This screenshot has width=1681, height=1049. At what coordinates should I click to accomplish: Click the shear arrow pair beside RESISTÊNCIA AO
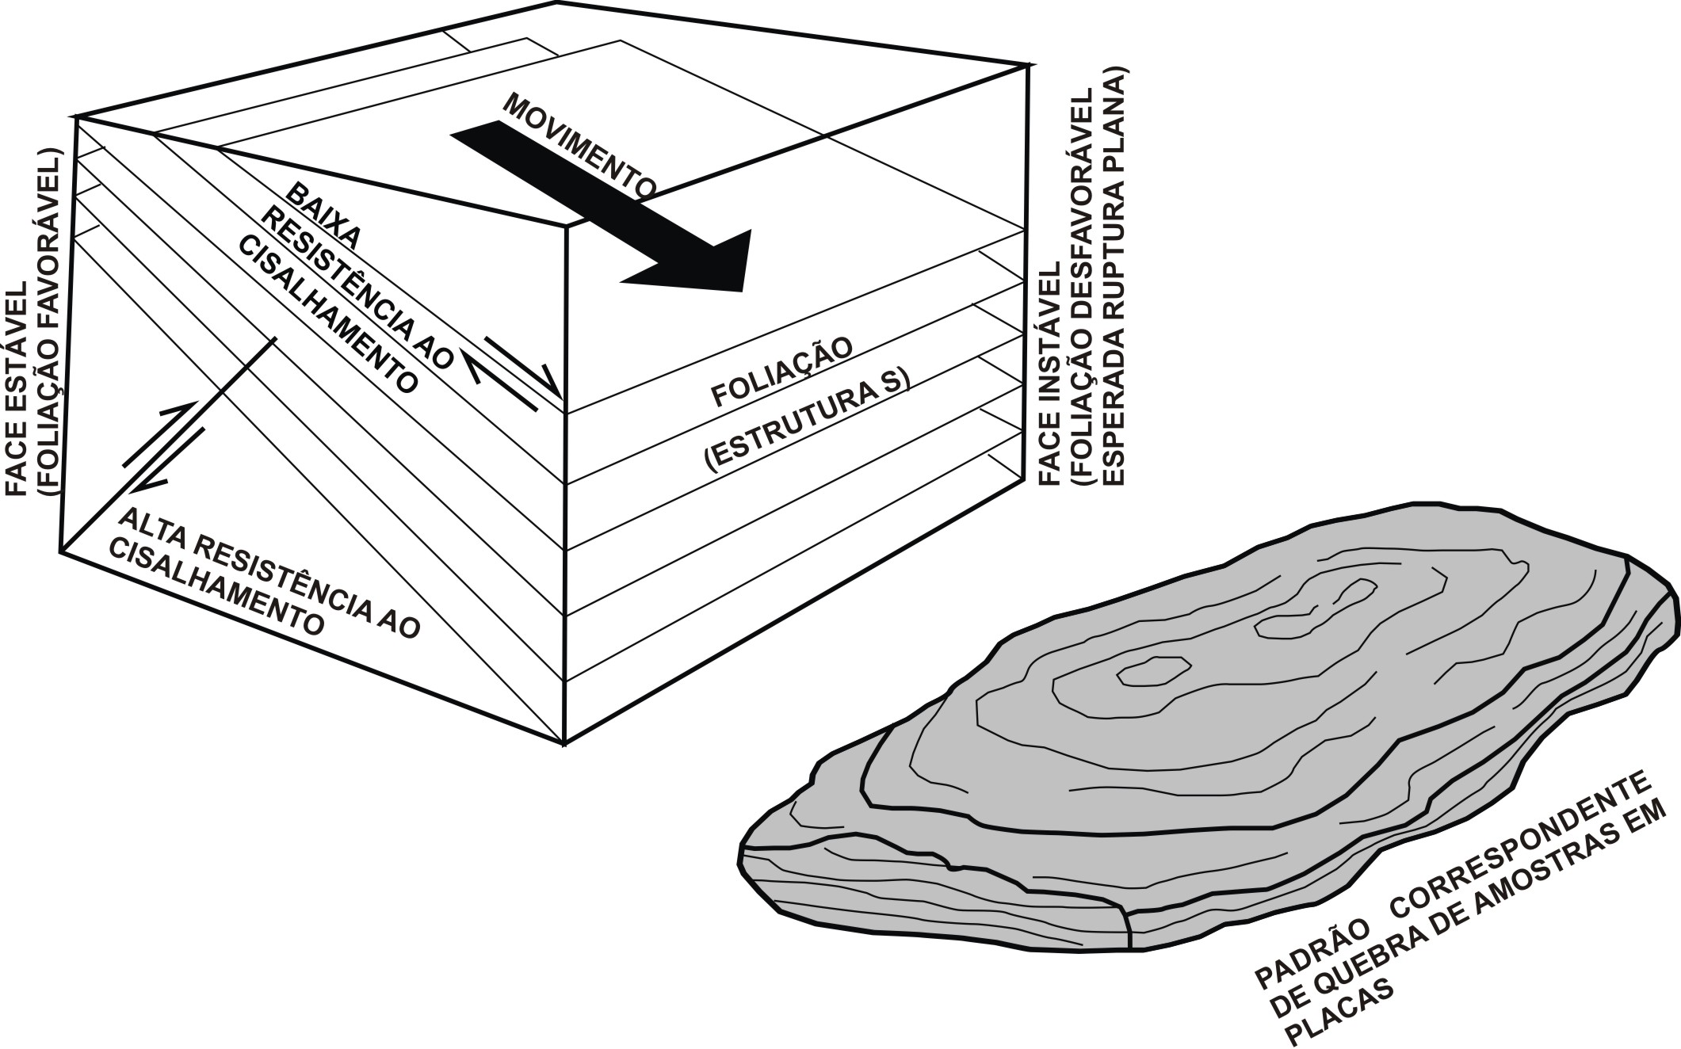512,372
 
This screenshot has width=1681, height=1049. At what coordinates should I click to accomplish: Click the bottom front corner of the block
564,743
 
